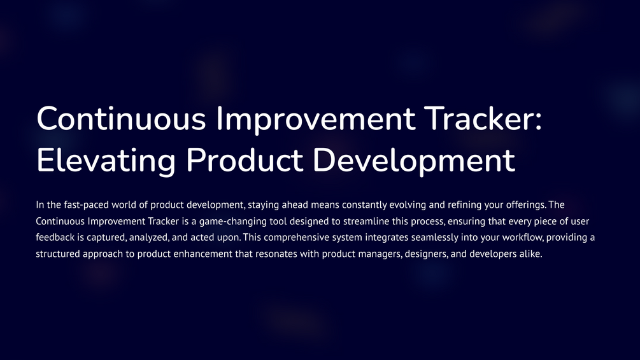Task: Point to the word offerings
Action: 524,205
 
